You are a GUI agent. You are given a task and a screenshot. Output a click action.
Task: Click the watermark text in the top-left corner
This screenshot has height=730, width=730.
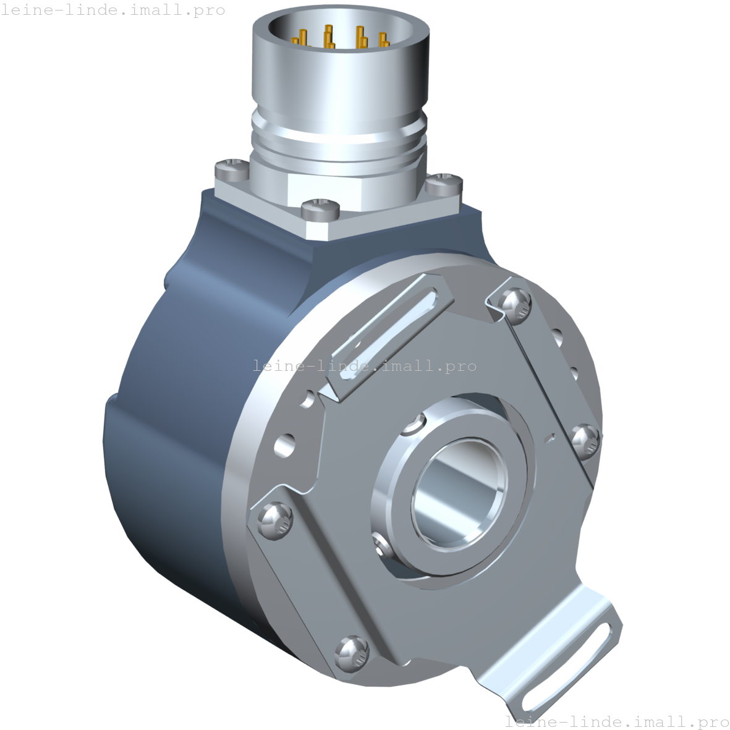point(112,11)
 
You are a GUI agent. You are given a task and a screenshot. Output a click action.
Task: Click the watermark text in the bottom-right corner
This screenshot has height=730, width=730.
point(617,721)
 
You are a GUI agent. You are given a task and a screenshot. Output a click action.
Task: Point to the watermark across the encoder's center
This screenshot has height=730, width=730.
point(365,366)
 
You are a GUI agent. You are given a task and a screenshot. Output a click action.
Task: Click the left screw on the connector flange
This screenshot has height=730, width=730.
point(231,166)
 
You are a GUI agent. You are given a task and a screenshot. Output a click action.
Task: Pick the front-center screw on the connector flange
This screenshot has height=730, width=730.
point(320,208)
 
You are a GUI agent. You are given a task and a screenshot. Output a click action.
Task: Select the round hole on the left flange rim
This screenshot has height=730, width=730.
point(284,444)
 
